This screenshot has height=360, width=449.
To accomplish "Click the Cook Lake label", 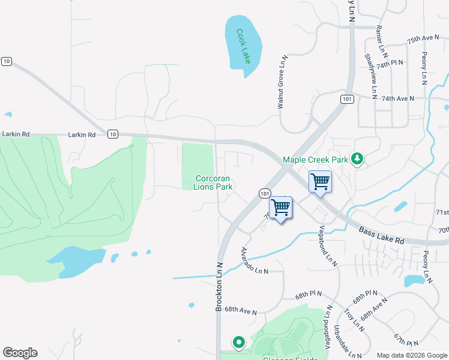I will tap(243, 46).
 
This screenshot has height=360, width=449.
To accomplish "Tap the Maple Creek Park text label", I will tap(316, 160).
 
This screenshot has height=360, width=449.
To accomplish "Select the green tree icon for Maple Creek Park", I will tap(358, 159).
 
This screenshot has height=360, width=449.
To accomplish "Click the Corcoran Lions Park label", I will tap(213, 182).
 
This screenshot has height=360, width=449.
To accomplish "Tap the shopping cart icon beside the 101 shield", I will tap(280, 208).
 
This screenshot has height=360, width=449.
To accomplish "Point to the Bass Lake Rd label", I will tap(382, 235).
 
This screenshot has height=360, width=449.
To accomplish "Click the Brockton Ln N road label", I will tap(219, 287).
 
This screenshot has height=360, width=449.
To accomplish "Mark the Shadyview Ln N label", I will tap(370, 76).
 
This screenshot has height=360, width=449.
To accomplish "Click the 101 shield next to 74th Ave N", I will tap(346, 99).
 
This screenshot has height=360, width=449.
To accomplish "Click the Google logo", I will tap(20, 353).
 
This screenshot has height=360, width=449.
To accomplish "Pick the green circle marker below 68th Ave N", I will tap(238, 343).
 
